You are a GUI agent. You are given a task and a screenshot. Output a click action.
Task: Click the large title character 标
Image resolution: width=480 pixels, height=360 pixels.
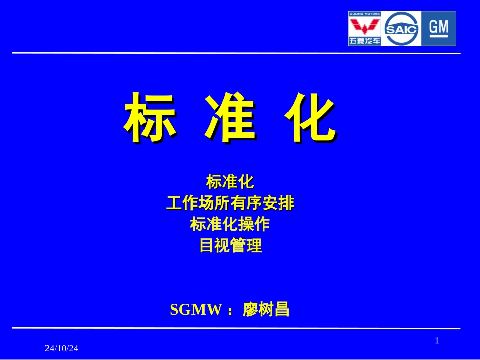151,118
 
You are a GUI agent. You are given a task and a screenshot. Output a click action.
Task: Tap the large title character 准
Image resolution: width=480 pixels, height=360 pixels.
230,118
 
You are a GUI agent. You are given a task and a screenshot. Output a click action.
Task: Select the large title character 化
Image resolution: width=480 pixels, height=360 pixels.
309,118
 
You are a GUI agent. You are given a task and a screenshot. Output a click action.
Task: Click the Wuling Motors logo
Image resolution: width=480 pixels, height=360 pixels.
364,29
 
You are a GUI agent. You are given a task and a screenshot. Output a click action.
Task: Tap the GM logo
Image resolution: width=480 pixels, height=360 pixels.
439,28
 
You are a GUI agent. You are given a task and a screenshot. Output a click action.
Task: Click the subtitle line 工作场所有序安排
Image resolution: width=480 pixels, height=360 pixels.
230,203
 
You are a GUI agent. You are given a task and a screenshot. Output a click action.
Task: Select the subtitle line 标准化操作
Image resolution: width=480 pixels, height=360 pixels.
230,224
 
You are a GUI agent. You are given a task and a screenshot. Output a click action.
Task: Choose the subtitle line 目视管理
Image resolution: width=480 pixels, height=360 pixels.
230,246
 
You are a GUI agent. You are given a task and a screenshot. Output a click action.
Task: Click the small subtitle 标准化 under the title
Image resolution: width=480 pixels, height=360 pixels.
230,181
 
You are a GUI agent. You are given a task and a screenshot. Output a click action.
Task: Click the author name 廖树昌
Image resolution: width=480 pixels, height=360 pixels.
266,309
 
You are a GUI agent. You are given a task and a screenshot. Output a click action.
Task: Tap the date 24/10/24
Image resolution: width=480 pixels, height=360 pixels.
62,349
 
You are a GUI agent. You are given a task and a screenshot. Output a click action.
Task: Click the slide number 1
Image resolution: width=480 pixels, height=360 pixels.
437,341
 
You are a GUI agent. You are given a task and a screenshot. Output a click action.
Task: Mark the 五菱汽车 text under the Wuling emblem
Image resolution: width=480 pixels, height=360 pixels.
364,41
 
